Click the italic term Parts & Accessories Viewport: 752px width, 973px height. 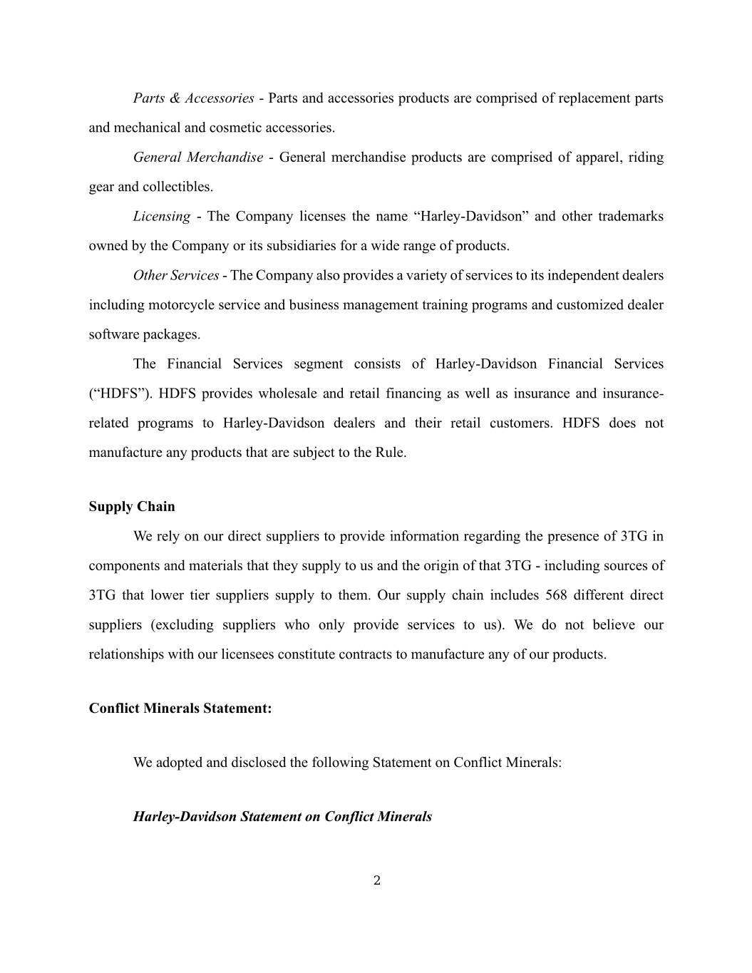click(193, 98)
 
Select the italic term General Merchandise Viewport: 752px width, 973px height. click(197, 158)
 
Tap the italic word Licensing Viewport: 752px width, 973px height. click(161, 217)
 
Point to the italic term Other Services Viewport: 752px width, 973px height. click(175, 276)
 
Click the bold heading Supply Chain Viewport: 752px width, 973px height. click(132, 507)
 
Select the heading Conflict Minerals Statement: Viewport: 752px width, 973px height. click(180, 709)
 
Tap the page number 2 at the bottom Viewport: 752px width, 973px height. click(377, 881)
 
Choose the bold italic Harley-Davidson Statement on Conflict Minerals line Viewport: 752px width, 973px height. click(282, 817)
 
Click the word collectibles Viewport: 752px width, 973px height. click(177, 187)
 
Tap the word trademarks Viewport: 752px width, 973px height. click(630, 217)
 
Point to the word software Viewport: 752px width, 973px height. click(114, 335)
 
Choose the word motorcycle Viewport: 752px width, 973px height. click(180, 305)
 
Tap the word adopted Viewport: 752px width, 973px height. click(177, 763)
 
